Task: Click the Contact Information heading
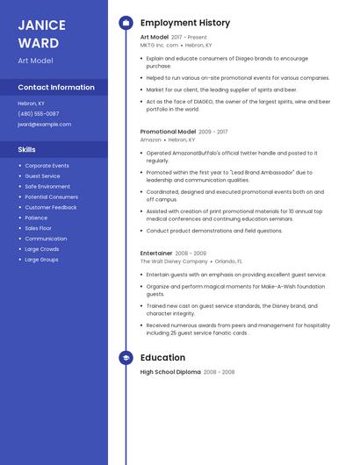56,88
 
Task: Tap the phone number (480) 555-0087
39,114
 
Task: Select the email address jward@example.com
45,125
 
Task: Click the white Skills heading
26,149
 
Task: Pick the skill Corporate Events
47,166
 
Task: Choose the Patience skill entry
36,218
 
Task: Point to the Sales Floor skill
38,228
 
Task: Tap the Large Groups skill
41,260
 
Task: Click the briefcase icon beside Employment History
126,23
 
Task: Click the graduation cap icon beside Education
126,358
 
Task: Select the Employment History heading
185,23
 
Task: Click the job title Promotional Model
168,132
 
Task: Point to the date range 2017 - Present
189,38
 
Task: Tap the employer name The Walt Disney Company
174,261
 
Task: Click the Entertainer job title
156,254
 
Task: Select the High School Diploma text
169,372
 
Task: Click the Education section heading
162,358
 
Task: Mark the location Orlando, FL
228,261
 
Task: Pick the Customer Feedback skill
51,207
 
